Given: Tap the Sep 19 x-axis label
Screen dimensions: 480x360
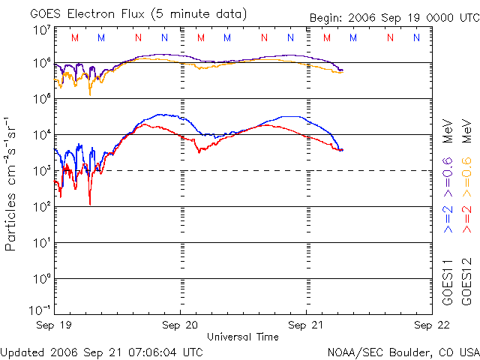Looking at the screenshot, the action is pyautogui.click(x=53, y=325).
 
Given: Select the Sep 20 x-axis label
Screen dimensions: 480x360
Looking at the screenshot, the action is pyautogui.click(x=180, y=325).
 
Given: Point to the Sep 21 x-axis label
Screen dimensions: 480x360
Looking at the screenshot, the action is pyautogui.click(x=306, y=325).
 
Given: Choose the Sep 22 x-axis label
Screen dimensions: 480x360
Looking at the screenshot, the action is pyautogui.click(x=432, y=325).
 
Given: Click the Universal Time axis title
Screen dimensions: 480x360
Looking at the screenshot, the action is pyautogui.click(x=243, y=337).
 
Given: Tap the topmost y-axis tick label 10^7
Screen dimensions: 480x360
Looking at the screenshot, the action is pyautogui.click(x=43, y=30).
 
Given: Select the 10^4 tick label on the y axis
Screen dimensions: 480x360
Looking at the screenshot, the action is pyautogui.click(x=43, y=134).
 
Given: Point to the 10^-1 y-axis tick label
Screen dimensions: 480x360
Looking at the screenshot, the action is pyautogui.click(x=40, y=310).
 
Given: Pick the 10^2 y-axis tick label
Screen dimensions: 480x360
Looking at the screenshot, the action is pyautogui.click(x=43, y=206).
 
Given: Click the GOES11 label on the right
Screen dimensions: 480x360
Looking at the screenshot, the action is pyautogui.click(x=448, y=282).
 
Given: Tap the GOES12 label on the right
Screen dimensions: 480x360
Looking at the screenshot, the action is pyautogui.click(x=466, y=282).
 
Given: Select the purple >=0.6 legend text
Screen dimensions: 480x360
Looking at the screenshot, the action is pyautogui.click(x=448, y=177).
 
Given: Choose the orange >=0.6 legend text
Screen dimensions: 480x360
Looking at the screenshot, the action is pyautogui.click(x=466, y=177).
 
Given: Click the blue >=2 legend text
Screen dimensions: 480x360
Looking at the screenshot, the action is pyautogui.click(x=448, y=219).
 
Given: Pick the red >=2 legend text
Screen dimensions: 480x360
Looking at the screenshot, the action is pyautogui.click(x=466, y=219).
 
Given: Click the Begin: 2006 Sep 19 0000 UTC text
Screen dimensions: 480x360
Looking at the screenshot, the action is pyautogui.click(x=394, y=18).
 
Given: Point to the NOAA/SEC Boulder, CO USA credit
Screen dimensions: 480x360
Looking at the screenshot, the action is pyautogui.click(x=403, y=352).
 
